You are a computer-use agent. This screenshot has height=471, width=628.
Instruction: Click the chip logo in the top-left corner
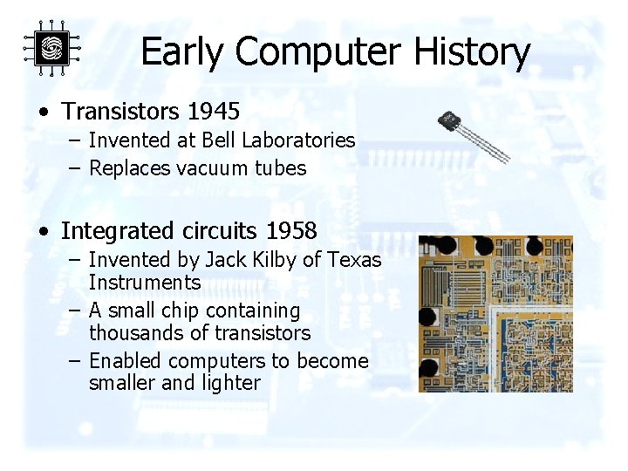tap(51, 49)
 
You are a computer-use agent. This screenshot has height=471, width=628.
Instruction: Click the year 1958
tap(291, 231)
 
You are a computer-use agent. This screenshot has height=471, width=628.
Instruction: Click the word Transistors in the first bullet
tap(118, 113)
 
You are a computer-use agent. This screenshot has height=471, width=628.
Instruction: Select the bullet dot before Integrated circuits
tap(43, 232)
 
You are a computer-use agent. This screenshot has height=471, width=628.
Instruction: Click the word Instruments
tap(145, 283)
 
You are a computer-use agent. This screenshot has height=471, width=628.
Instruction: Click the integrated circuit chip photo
tap(495, 313)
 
